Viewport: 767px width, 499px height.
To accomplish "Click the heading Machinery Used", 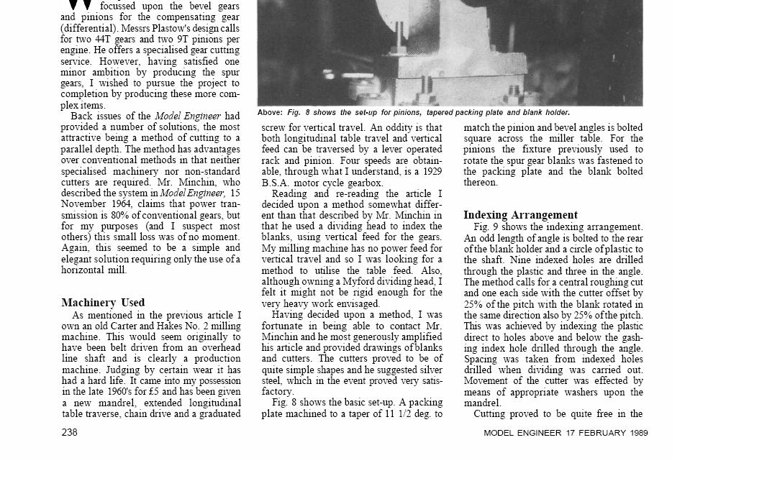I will pos(103,303).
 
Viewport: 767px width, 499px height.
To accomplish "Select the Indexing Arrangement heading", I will pos(520,215).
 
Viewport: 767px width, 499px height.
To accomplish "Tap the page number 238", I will pos(69,432).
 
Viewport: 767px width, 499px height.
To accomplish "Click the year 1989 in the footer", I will pos(637,433).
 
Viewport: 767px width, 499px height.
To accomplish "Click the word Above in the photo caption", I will pos(270,113).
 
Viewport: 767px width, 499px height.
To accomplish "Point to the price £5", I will pos(153,392).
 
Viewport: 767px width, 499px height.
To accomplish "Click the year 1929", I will pos(430,171).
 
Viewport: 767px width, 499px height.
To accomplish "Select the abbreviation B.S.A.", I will pos(276,183).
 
